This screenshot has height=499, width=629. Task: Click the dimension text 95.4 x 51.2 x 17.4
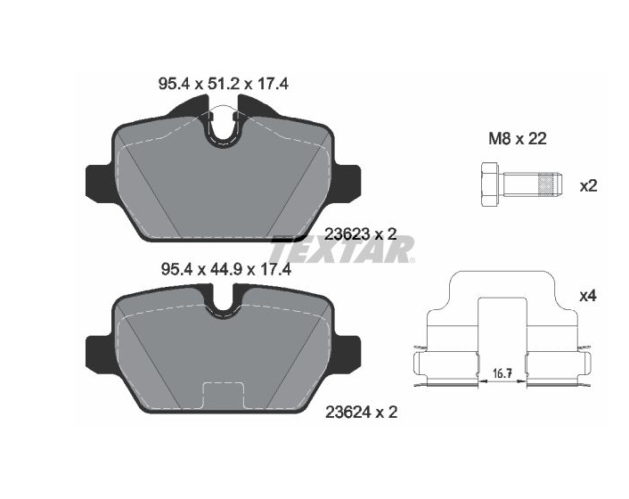pos(224,85)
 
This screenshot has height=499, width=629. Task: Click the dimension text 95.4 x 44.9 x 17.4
pos(225,269)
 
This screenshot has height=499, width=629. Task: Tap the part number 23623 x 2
pos(360,233)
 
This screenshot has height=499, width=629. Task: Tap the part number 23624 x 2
pos(361,412)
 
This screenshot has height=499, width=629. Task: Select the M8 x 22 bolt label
pos(518,139)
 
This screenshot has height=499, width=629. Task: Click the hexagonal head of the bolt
pos(489,185)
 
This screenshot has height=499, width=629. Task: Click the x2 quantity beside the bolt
pos(589,185)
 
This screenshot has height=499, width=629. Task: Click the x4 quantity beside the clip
pos(589,296)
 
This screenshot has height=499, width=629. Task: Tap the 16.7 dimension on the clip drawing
pos(502,374)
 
